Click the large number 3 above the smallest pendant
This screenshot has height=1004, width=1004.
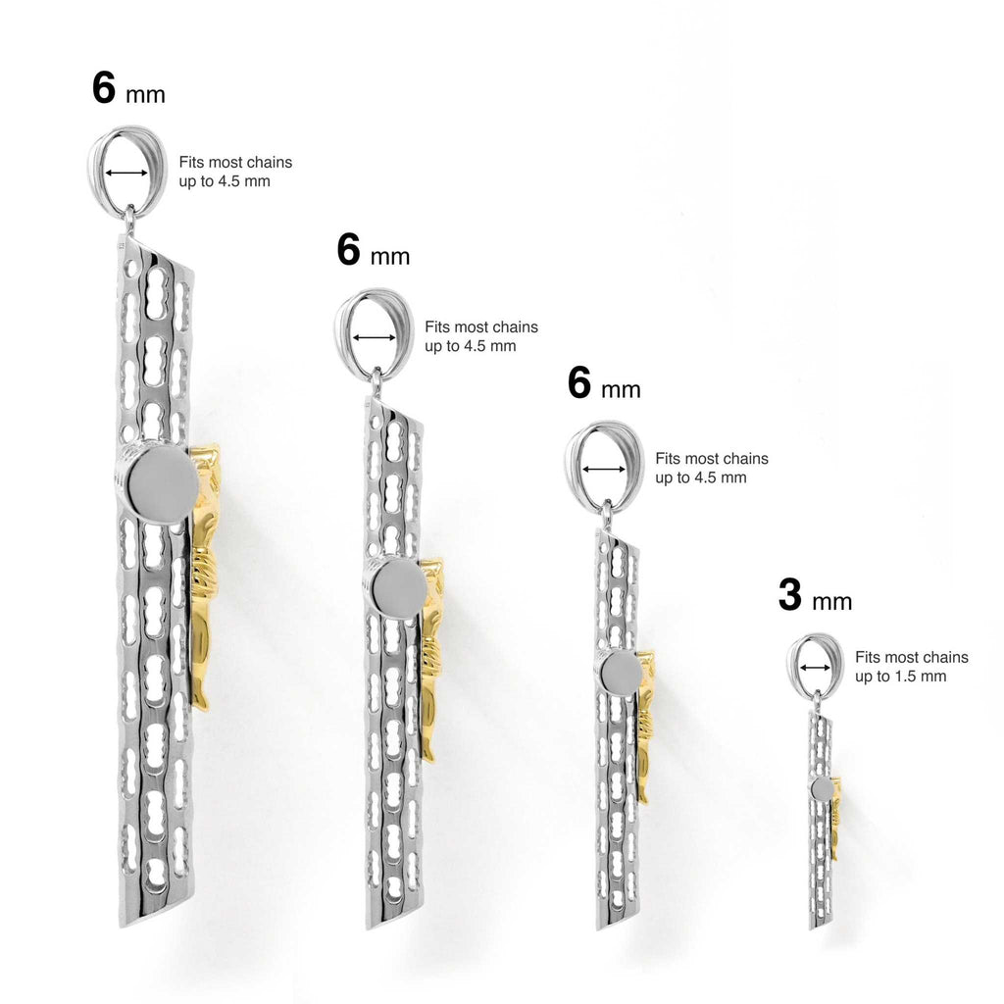[790, 594]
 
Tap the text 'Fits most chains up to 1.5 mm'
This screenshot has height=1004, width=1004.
[912, 667]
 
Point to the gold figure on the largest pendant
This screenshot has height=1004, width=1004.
[204, 577]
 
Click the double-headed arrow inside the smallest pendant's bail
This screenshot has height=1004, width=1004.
[815, 668]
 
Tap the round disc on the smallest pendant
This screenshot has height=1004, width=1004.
[823, 788]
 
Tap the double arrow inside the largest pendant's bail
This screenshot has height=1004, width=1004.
[126, 173]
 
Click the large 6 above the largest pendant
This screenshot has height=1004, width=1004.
[104, 87]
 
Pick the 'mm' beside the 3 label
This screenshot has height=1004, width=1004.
[831, 603]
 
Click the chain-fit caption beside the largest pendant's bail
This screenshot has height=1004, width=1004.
[235, 172]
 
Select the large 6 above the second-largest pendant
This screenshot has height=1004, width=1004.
[348, 249]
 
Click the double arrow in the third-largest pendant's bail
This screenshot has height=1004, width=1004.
[604, 470]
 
